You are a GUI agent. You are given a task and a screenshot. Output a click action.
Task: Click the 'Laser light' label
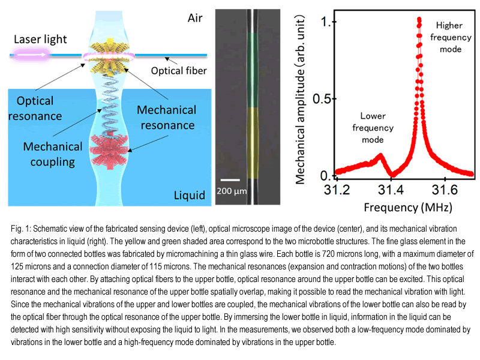(40, 39)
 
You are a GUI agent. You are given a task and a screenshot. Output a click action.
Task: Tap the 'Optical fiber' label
(179, 71)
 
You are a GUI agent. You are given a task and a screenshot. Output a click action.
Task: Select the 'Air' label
(195, 18)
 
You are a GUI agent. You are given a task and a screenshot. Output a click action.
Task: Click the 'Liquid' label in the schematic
(190, 196)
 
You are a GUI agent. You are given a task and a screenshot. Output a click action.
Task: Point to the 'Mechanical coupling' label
(53, 154)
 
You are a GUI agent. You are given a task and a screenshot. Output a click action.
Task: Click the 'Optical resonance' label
(35, 109)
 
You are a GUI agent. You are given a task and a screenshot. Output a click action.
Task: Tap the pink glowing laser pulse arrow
(31, 55)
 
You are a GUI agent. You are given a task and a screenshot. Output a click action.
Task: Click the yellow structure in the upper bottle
(109, 58)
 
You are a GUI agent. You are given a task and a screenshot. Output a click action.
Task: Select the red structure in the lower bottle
(109, 151)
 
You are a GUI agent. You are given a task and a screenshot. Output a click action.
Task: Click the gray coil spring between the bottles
(109, 104)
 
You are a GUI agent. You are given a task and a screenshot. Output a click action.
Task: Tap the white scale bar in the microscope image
(230, 180)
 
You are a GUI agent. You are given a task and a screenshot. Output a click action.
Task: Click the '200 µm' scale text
(232, 191)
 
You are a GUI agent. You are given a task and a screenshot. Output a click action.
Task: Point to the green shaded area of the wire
(253, 70)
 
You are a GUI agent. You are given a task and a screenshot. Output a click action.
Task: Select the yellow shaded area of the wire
(253, 143)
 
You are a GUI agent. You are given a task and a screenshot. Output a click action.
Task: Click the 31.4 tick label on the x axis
(391, 190)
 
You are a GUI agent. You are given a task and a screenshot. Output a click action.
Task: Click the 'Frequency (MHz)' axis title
(408, 208)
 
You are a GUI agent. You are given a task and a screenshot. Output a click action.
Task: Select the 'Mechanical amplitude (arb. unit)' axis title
(301, 100)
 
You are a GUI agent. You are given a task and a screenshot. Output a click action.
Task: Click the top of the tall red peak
(419, 19)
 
